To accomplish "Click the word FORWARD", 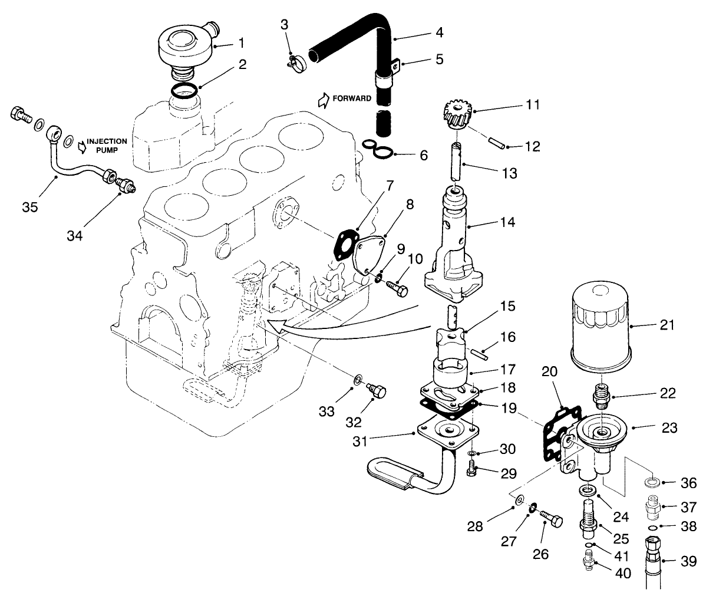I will tap(352, 98).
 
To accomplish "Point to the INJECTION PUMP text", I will tap(107, 146).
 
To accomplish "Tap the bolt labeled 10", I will tap(397, 288).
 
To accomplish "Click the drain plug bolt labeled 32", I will tap(375, 390).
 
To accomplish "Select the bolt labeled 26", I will tap(550, 519).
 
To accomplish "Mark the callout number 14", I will tap(507, 222).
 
